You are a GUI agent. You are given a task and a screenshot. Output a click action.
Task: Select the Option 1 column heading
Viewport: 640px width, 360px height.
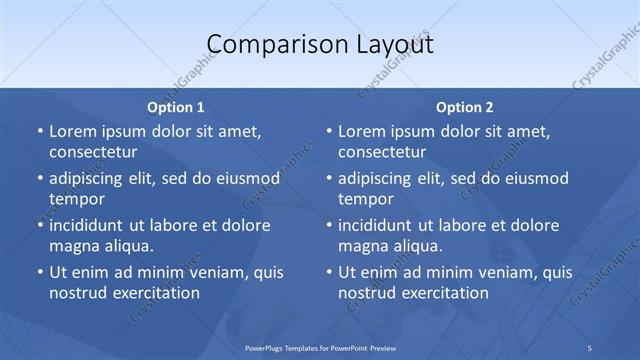176,107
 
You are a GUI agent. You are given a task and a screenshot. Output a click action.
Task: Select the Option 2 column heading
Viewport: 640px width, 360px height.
465,107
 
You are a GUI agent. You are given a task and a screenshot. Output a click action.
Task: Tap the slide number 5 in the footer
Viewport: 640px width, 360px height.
590,347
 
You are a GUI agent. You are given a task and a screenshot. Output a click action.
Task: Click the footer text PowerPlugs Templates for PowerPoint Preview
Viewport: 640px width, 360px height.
319,347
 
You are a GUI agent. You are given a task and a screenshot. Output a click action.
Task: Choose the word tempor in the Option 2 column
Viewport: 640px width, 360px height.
366,199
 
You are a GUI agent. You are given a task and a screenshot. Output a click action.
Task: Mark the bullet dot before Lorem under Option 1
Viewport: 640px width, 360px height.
39,132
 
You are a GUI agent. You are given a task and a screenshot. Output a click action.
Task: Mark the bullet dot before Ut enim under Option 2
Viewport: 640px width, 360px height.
329,272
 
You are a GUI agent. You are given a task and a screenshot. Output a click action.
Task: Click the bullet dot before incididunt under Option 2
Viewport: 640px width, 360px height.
329,225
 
